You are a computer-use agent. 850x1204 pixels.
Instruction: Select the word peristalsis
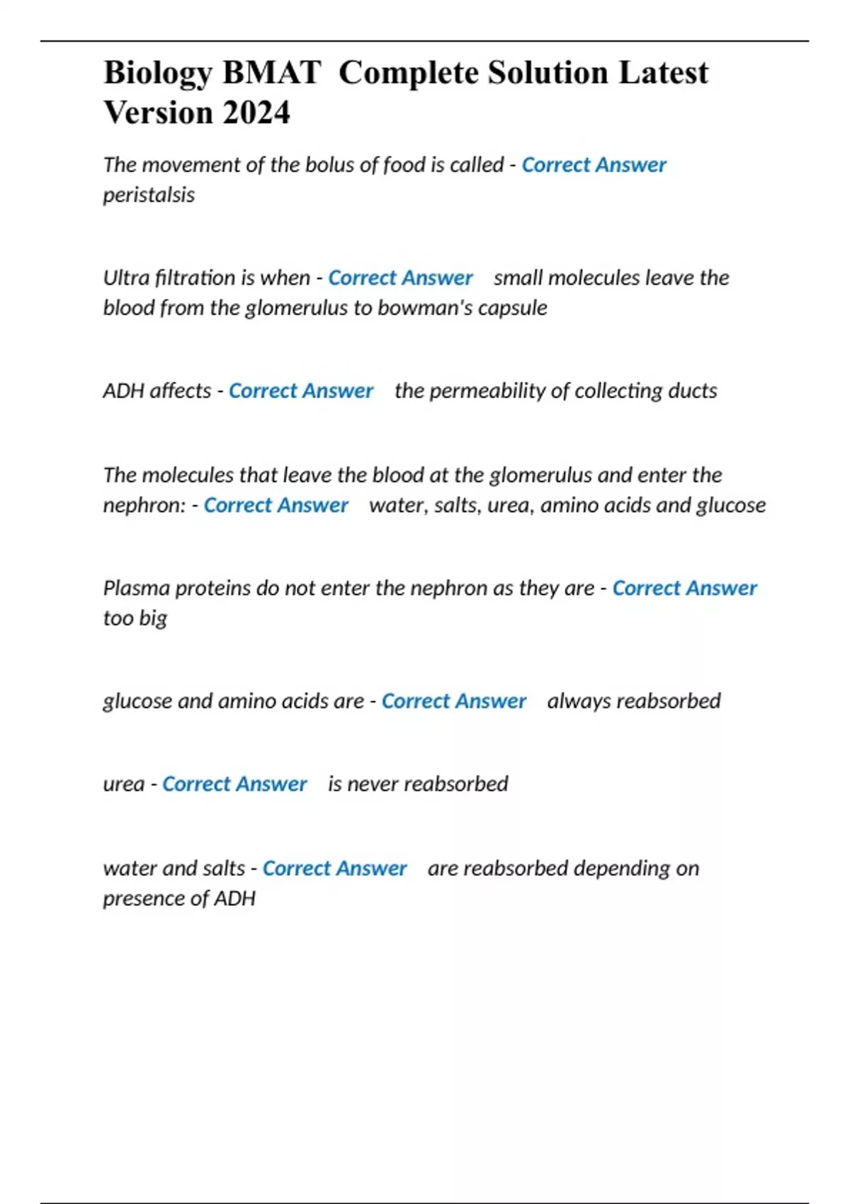point(149,195)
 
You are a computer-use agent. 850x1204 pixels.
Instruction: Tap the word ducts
point(694,391)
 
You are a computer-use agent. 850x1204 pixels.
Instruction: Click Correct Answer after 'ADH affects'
point(300,391)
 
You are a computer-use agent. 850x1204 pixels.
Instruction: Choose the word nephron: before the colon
point(144,506)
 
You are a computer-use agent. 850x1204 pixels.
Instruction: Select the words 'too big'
point(135,618)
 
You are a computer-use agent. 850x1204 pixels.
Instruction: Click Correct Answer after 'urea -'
point(234,784)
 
